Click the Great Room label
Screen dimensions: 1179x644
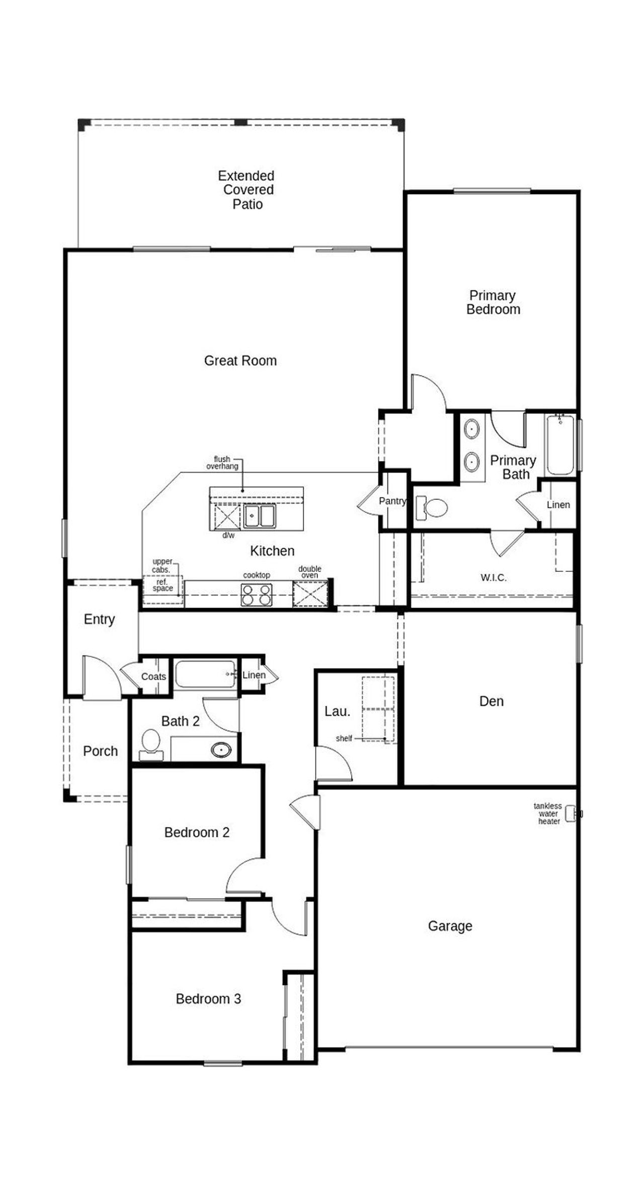coord(240,360)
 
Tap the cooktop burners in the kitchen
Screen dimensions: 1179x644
coord(256,594)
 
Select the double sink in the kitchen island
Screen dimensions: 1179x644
coord(260,516)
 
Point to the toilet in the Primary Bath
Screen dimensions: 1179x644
coord(433,508)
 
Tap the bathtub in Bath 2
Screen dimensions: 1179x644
coord(205,674)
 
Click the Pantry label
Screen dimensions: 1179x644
coord(392,501)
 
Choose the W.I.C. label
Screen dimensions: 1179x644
coord(493,577)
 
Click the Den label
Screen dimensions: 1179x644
coord(491,701)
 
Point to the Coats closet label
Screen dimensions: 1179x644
coord(153,677)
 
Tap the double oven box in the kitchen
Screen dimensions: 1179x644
coord(310,594)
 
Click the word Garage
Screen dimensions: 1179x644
coord(450,926)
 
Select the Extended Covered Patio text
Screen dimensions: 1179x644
coord(247,190)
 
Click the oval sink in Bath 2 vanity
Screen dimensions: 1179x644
coord(221,750)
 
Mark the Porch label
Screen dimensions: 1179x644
coord(100,751)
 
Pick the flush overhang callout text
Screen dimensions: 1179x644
coord(222,463)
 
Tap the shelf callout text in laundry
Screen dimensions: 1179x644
coord(344,739)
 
